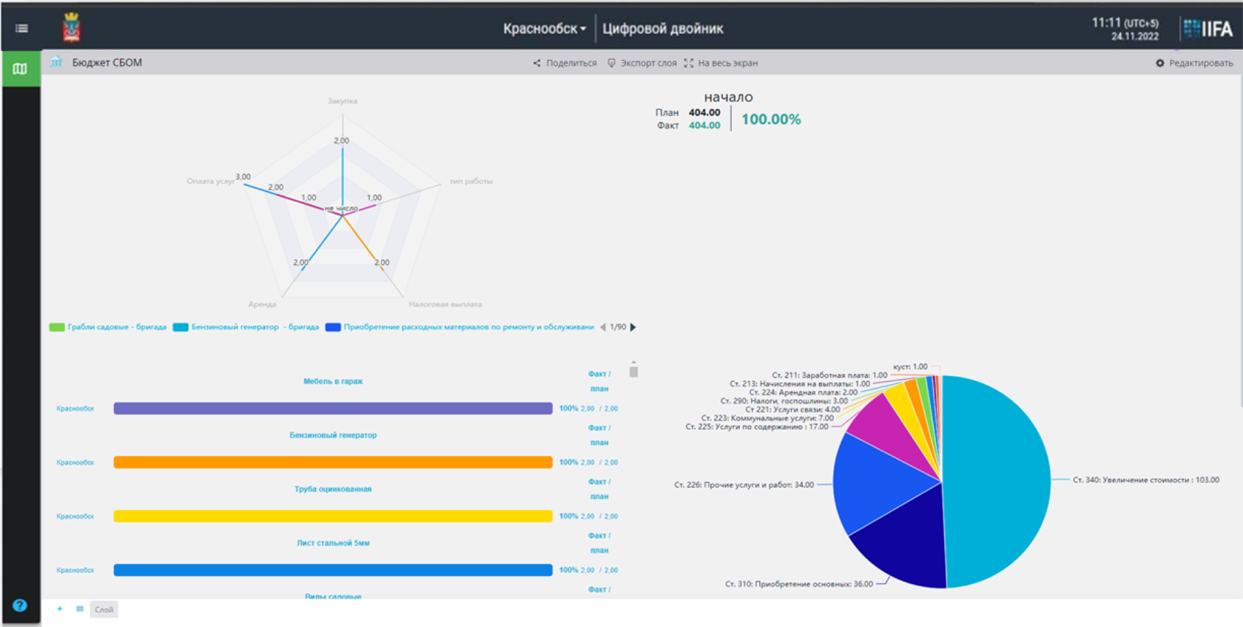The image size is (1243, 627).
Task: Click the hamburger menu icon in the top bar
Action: point(21,28)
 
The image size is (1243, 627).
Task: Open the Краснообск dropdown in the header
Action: point(545,29)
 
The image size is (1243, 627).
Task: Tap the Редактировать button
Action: point(1194,63)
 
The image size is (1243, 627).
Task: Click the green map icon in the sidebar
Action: point(20,69)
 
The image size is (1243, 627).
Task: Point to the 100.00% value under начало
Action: point(771,119)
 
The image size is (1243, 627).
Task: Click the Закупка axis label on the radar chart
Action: point(343,101)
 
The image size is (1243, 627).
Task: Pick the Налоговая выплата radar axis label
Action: point(445,304)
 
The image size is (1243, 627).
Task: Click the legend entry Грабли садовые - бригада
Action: point(108,327)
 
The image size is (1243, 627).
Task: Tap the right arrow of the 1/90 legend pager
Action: point(633,327)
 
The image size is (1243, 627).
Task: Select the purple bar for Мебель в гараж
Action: point(333,409)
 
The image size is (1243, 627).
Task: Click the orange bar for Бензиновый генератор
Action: point(333,463)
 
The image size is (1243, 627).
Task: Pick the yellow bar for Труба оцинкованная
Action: point(333,516)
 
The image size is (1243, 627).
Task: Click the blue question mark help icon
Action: point(20,605)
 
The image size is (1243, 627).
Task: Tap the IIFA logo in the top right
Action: point(1208,29)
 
